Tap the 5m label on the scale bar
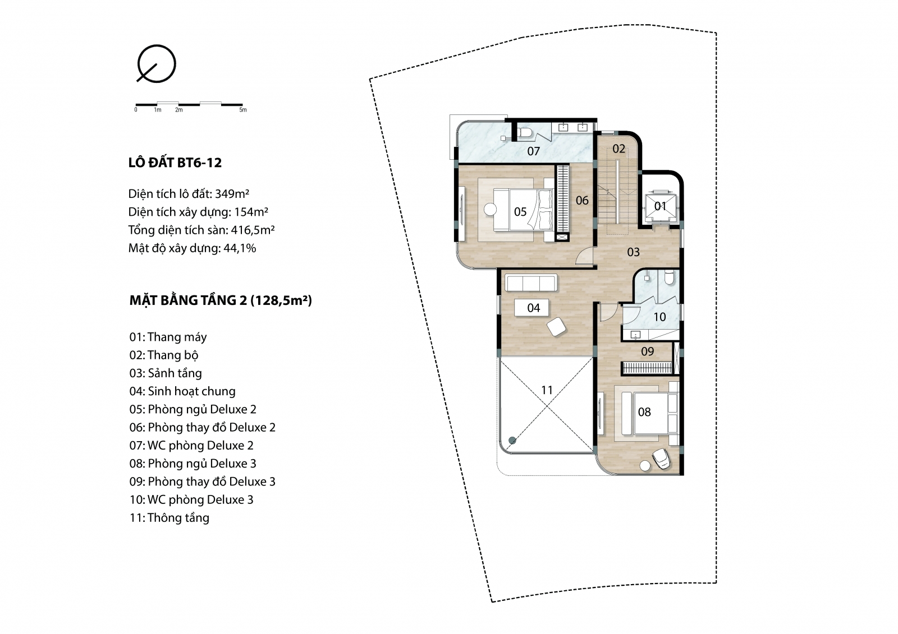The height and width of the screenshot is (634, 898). coord(243,110)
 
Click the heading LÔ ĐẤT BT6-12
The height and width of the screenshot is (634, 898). coord(175,163)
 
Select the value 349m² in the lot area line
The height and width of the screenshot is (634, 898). coord(232,194)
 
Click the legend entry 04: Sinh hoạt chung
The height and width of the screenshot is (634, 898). coord(182,391)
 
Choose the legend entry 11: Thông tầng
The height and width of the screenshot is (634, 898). coord(169,518)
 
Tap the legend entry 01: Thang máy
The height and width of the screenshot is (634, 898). coord(168,337)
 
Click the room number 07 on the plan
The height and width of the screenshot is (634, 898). coord(533,151)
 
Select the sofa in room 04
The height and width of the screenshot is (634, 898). coord(531,283)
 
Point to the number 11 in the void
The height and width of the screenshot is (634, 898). coord(547,390)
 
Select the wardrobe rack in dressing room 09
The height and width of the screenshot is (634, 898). coord(647,368)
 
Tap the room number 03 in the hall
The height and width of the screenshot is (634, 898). coord(634,252)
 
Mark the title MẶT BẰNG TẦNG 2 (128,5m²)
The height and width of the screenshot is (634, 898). coord(221,300)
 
